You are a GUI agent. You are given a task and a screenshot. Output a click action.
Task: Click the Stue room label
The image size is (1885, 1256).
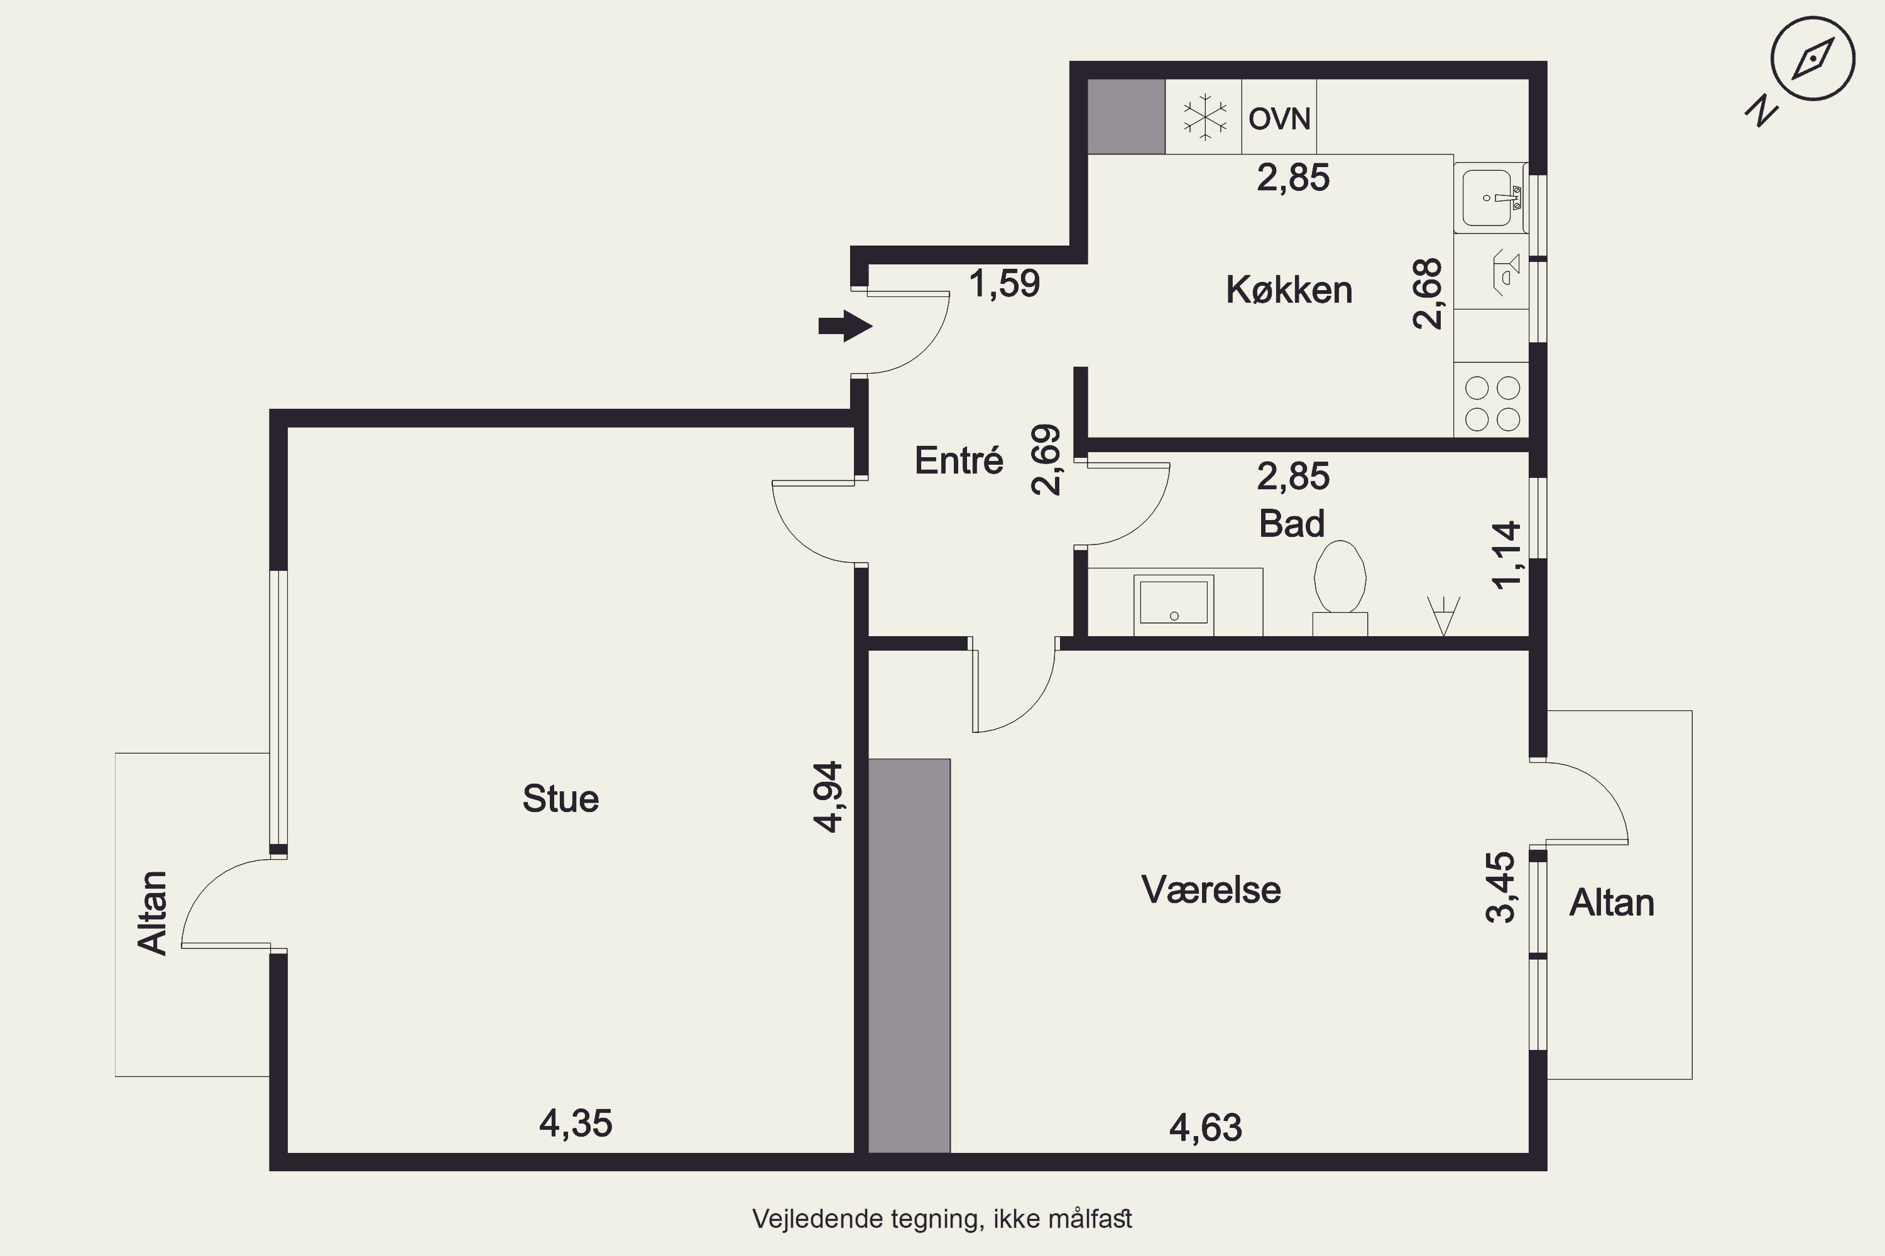[x=560, y=799]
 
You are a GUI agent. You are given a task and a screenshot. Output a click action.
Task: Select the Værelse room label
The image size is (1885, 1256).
[x=1211, y=890]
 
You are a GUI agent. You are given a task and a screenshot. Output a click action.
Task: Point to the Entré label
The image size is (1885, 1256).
[x=959, y=460]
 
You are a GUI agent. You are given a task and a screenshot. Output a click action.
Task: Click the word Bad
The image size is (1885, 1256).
[x=1291, y=524]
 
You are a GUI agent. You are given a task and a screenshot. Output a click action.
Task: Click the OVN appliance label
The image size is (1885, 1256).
[x=1279, y=119]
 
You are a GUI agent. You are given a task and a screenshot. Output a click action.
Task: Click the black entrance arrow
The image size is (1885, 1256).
[x=844, y=326]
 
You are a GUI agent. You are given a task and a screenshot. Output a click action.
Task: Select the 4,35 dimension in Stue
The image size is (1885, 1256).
[x=576, y=1124]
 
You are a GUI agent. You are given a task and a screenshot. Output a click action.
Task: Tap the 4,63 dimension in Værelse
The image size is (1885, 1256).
[x=1205, y=1128]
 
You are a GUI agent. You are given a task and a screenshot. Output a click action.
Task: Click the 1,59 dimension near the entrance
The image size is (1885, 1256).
[x=1004, y=284]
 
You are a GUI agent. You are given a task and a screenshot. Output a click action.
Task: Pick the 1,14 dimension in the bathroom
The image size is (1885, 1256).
[x=1506, y=555]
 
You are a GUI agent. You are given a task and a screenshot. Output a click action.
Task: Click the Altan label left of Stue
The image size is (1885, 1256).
[x=152, y=912]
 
